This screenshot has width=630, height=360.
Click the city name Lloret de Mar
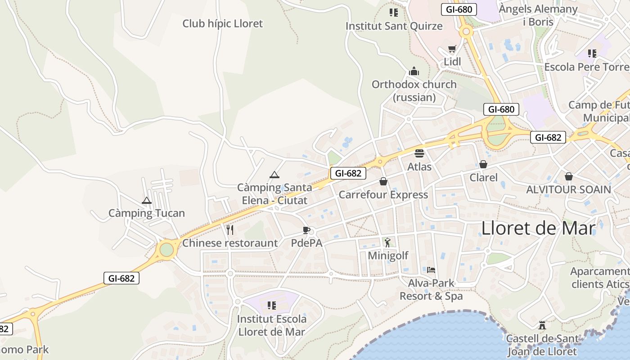coord(538,228)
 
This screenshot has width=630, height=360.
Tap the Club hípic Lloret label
coord(222,23)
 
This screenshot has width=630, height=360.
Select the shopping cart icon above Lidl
coord(452,49)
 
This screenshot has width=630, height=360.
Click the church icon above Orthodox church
coord(414,71)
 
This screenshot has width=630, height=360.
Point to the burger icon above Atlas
coord(419,153)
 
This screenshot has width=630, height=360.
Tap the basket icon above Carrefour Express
coord(383,181)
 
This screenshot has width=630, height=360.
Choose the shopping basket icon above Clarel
coord(483,164)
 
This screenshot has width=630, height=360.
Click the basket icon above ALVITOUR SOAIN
coord(569,176)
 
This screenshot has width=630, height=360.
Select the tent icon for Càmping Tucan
coord(146,200)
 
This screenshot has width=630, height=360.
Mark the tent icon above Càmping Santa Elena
coord(274,175)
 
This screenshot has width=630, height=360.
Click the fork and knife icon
coord(230,230)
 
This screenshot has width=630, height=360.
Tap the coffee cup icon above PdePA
coord(306,230)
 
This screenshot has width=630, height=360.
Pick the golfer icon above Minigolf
coord(387,243)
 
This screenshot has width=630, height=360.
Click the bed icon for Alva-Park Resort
coord(431,270)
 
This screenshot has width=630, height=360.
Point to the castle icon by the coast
coord(542,325)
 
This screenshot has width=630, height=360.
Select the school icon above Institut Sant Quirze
coord(394,13)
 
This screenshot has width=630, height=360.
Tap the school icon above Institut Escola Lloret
coord(271,306)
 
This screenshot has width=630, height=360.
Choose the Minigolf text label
coord(388,256)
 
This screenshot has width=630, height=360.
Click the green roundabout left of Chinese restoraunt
coord(166,249)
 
